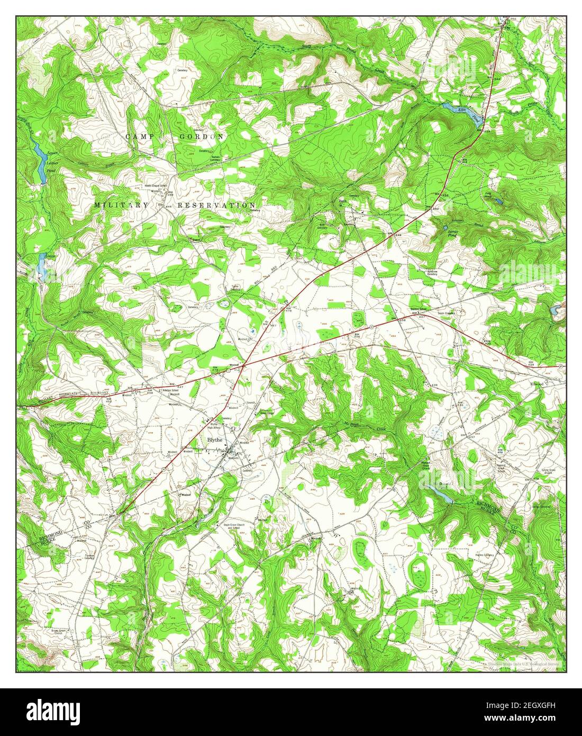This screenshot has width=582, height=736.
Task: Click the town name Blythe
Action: pos(215,439)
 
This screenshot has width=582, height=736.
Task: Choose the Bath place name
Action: pos(342,201)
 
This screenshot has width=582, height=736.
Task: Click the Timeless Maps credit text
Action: pos(524,663)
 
